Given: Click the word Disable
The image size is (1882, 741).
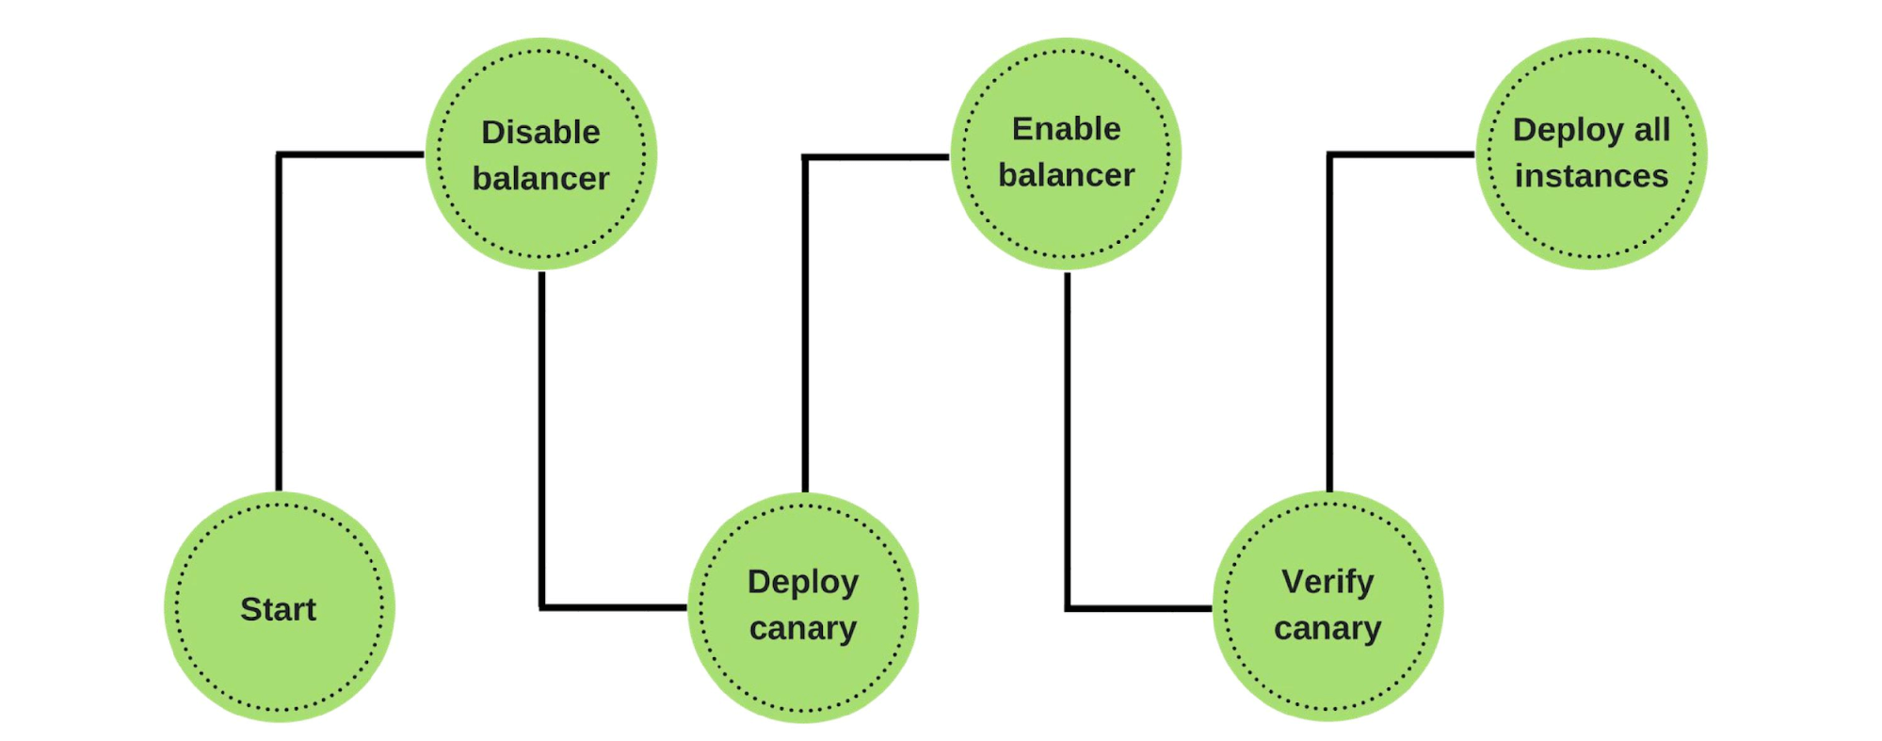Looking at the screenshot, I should (x=540, y=132).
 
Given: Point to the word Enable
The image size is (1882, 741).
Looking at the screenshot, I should (x=1066, y=129).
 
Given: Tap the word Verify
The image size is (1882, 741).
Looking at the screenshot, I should (x=1327, y=582).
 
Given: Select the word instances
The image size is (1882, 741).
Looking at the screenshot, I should (x=1591, y=176).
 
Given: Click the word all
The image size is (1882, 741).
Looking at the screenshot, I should (x=1651, y=129).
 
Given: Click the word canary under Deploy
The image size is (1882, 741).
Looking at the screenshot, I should (x=803, y=628).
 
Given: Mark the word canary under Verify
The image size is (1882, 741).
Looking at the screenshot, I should (x=1327, y=628).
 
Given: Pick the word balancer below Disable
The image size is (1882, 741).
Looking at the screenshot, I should (x=540, y=178).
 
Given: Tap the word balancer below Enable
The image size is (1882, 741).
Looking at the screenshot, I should (x=1066, y=175).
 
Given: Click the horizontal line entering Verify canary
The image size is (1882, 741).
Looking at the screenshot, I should (x=1139, y=608).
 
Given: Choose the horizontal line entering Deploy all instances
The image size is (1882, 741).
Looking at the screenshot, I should (x=1403, y=154).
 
